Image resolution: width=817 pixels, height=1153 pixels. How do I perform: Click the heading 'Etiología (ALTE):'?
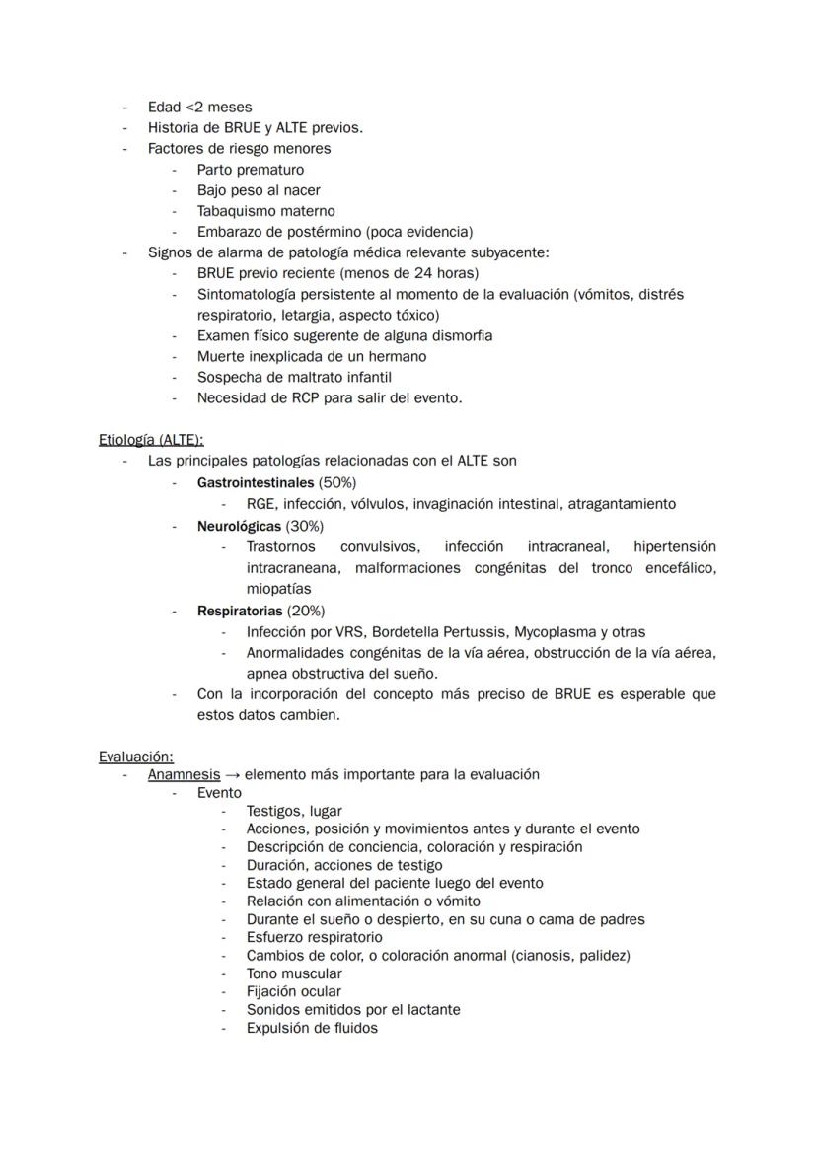(x=151, y=440)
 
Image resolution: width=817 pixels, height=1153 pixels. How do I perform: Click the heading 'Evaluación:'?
(x=135, y=757)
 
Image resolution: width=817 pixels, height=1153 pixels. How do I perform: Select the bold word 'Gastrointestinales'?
(x=256, y=482)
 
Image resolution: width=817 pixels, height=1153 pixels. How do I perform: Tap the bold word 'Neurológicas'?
(x=239, y=526)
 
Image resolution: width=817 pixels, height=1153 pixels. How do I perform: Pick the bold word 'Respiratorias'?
(x=240, y=611)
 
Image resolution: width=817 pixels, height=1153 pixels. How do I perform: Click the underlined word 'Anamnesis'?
(x=184, y=774)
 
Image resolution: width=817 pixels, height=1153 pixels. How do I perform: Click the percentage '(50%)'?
(x=337, y=482)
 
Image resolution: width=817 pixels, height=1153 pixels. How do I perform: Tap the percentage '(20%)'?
(x=306, y=611)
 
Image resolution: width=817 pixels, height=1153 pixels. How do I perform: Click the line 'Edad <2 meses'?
(x=199, y=107)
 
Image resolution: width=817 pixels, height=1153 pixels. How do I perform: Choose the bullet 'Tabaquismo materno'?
(x=265, y=211)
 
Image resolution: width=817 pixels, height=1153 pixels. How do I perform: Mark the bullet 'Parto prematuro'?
(x=251, y=170)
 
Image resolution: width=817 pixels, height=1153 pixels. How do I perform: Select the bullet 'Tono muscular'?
(x=294, y=973)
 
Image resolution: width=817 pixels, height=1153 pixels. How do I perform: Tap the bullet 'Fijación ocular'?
(x=294, y=991)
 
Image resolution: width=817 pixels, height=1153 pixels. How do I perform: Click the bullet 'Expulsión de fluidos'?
(x=312, y=1027)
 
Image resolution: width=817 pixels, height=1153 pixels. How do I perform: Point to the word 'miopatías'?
(x=278, y=589)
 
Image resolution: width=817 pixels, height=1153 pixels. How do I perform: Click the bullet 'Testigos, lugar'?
(x=294, y=811)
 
